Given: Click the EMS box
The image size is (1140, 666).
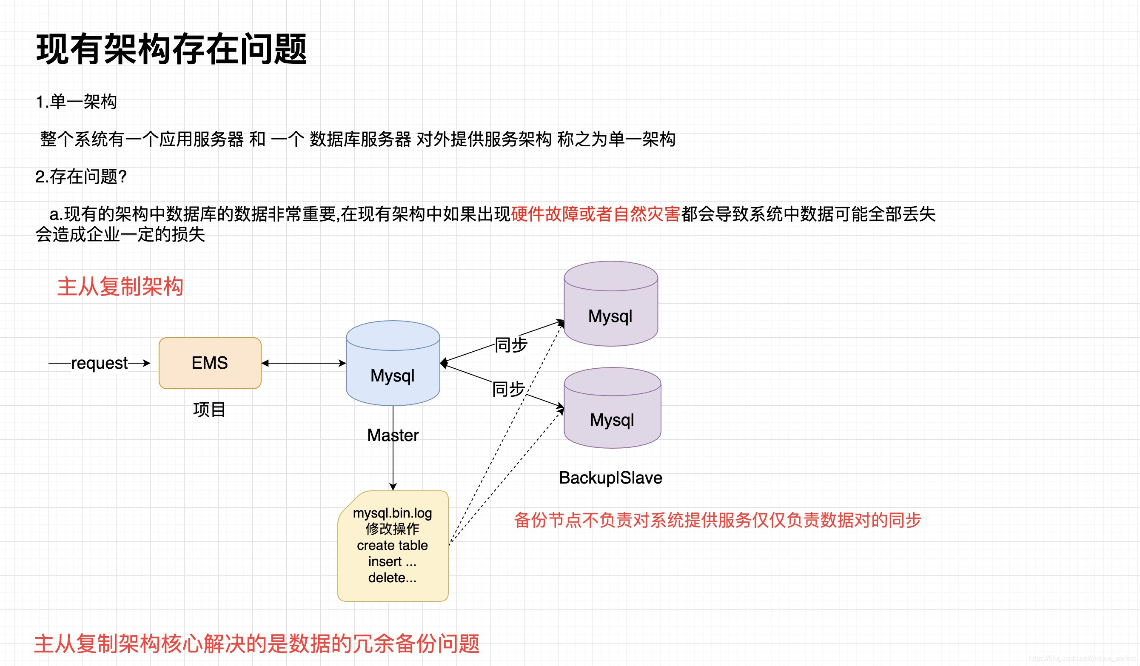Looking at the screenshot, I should click(210, 363).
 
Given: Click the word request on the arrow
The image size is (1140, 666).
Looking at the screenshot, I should click(100, 363).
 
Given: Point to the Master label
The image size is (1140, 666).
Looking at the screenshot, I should click(393, 435).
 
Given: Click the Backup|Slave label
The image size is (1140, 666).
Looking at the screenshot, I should click(610, 478).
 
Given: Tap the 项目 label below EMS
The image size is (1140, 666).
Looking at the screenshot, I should click(209, 410).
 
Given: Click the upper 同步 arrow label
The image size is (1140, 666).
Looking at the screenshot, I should click(511, 344).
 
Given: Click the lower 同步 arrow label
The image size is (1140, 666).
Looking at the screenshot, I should click(508, 389).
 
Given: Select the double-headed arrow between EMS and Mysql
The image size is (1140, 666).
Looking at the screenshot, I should click(303, 363).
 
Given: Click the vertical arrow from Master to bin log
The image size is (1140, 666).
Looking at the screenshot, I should click(393, 466).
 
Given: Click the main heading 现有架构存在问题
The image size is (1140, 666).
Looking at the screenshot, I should click(171, 49).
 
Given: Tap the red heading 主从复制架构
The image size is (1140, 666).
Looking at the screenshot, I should click(120, 287).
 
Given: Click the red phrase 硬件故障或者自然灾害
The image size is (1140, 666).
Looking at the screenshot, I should click(596, 214).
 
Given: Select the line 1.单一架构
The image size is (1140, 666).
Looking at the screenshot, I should click(76, 102).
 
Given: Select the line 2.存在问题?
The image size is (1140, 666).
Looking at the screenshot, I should click(81, 176).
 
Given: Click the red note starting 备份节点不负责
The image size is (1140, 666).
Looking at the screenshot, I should click(718, 520).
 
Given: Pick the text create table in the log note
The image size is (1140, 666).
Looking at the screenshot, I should click(392, 545).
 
